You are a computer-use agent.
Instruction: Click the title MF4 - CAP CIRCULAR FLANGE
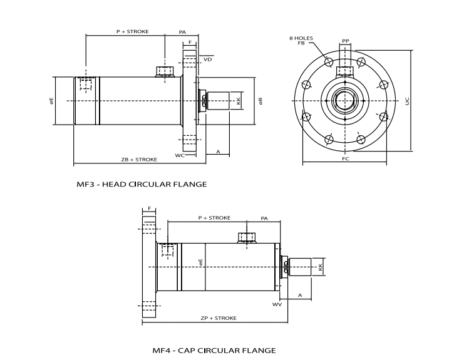point(214,350)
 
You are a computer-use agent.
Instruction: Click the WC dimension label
point(179,155)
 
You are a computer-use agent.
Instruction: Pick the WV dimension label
point(277,305)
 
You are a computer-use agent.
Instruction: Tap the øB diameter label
point(260,101)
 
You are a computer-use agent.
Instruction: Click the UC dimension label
point(407,101)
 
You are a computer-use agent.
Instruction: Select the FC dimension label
point(345,160)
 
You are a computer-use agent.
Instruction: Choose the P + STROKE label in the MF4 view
point(214,218)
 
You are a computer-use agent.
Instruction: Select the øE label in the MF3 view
point(52,101)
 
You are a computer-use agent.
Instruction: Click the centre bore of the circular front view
point(345,101)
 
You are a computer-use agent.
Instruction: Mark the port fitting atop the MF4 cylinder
point(245,237)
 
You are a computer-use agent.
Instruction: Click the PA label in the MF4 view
point(264,218)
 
